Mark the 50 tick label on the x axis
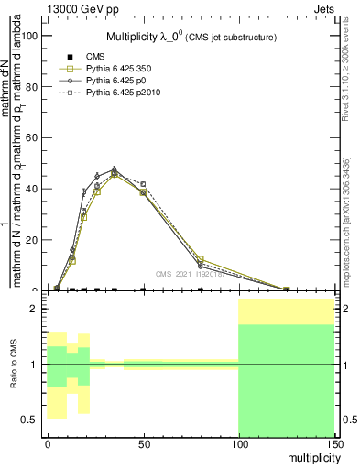point(143,444)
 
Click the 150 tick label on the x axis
point(333,444)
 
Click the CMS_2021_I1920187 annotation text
point(189,273)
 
